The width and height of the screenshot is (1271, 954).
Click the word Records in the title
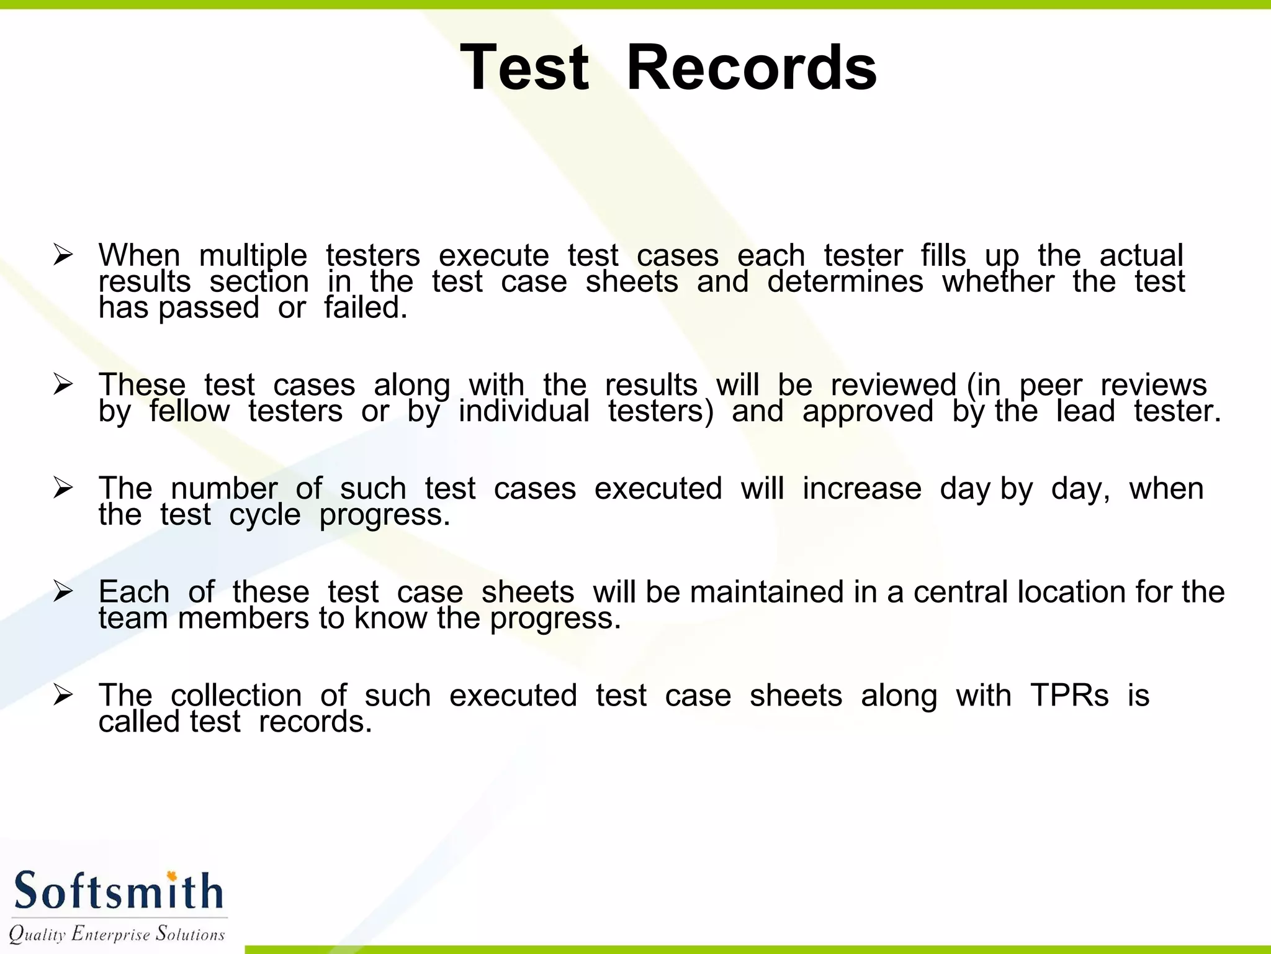coord(752,68)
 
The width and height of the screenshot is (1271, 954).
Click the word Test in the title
coord(524,68)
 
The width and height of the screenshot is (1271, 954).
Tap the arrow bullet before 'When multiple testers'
coord(63,255)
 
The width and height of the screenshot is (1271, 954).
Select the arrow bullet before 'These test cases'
coord(63,384)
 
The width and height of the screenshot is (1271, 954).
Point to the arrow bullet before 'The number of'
coord(63,488)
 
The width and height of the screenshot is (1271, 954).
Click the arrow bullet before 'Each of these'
coord(63,591)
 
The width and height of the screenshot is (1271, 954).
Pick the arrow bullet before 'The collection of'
coord(63,694)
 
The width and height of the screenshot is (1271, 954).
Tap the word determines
coord(845,282)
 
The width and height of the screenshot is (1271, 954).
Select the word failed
coord(366,307)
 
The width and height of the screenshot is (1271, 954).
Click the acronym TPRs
coord(1069,695)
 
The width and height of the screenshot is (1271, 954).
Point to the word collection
coord(236,695)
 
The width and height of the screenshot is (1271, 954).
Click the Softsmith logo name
coord(118,891)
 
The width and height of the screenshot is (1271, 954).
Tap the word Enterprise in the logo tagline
coord(111,934)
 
